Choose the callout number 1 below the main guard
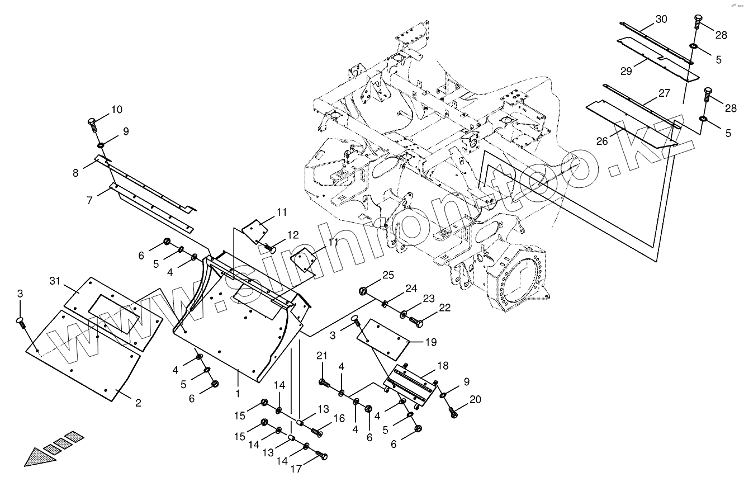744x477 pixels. click(238, 393)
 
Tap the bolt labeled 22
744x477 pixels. click(416, 323)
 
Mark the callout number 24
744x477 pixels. click(411, 289)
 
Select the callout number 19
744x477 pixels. click(431, 342)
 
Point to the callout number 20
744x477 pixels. click(476, 399)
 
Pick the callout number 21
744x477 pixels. click(321, 357)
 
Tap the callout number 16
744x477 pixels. click(339, 419)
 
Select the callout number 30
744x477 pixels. click(661, 19)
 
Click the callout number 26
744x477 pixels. click(601, 141)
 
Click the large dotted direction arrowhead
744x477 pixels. click(39, 455)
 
